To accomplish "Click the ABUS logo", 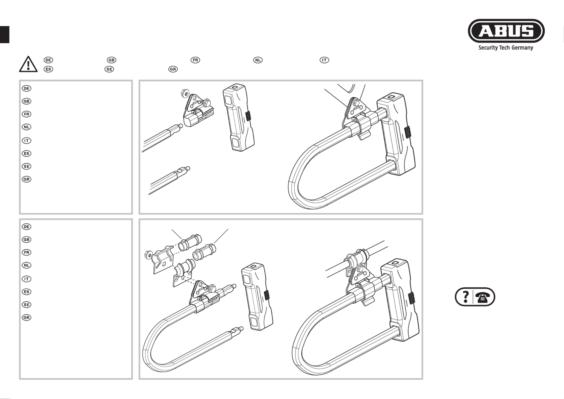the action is coord(506,31).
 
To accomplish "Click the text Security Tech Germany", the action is coord(506,48).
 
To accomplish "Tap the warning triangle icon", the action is coord(28,64).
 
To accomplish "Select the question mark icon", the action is coord(466,297).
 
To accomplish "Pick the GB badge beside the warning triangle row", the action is coord(112,60).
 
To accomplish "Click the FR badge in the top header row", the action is coord(195,60).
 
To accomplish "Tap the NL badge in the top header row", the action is coord(258,60).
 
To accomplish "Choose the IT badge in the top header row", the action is coord(324,60).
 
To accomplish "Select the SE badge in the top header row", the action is coord(109,69).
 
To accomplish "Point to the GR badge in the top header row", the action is coord(173,69).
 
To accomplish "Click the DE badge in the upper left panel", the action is coord(26,88).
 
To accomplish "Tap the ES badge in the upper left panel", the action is coord(26,153).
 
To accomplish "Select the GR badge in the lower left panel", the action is coord(26,318).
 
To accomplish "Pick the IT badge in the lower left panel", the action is coord(26,279).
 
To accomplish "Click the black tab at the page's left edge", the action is coord(5,34).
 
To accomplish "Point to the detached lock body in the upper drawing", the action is coord(238,117).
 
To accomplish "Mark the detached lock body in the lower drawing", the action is coord(257,296).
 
